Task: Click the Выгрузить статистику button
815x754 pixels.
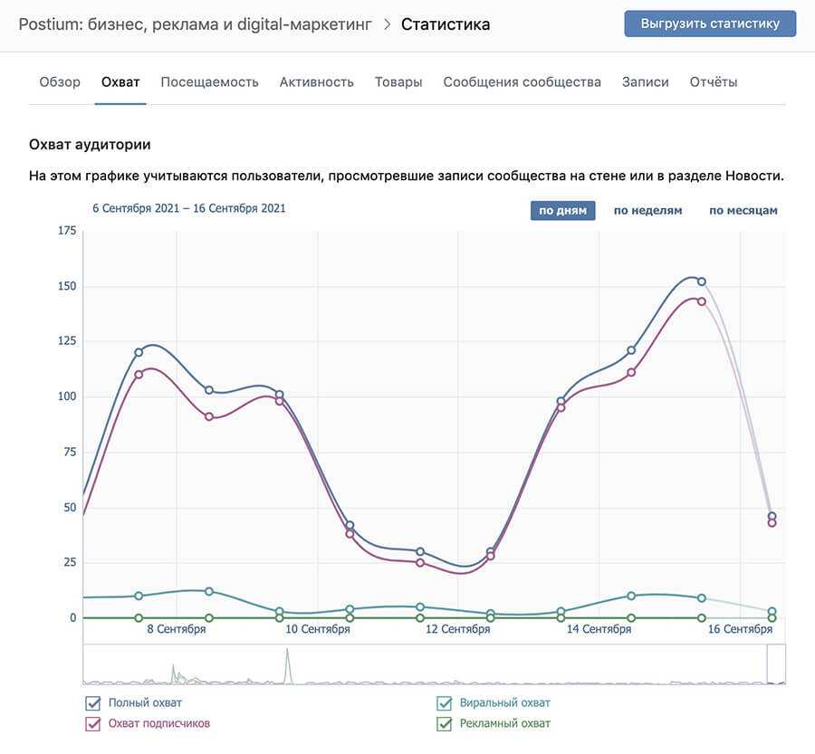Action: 710,24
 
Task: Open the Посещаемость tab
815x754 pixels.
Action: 209,81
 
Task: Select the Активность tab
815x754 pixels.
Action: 316,81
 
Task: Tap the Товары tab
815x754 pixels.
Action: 398,81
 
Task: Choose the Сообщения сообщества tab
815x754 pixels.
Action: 522,81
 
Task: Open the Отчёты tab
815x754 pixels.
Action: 714,81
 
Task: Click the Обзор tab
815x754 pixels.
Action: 60,81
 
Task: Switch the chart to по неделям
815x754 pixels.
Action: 647,211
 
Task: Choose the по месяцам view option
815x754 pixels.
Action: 743,211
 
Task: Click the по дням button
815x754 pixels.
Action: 562,211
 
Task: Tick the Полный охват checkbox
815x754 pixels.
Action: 92,703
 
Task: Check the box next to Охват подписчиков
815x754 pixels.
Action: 92,724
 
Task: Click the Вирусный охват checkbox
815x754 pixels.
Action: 444,703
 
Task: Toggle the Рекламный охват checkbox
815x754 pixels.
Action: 444,724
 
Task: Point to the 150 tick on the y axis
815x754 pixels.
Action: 66,286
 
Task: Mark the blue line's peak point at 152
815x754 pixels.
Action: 701,282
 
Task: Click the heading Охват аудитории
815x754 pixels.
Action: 90,144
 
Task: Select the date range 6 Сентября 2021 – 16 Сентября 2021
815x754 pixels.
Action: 189,208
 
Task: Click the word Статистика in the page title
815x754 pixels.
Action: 446,24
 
